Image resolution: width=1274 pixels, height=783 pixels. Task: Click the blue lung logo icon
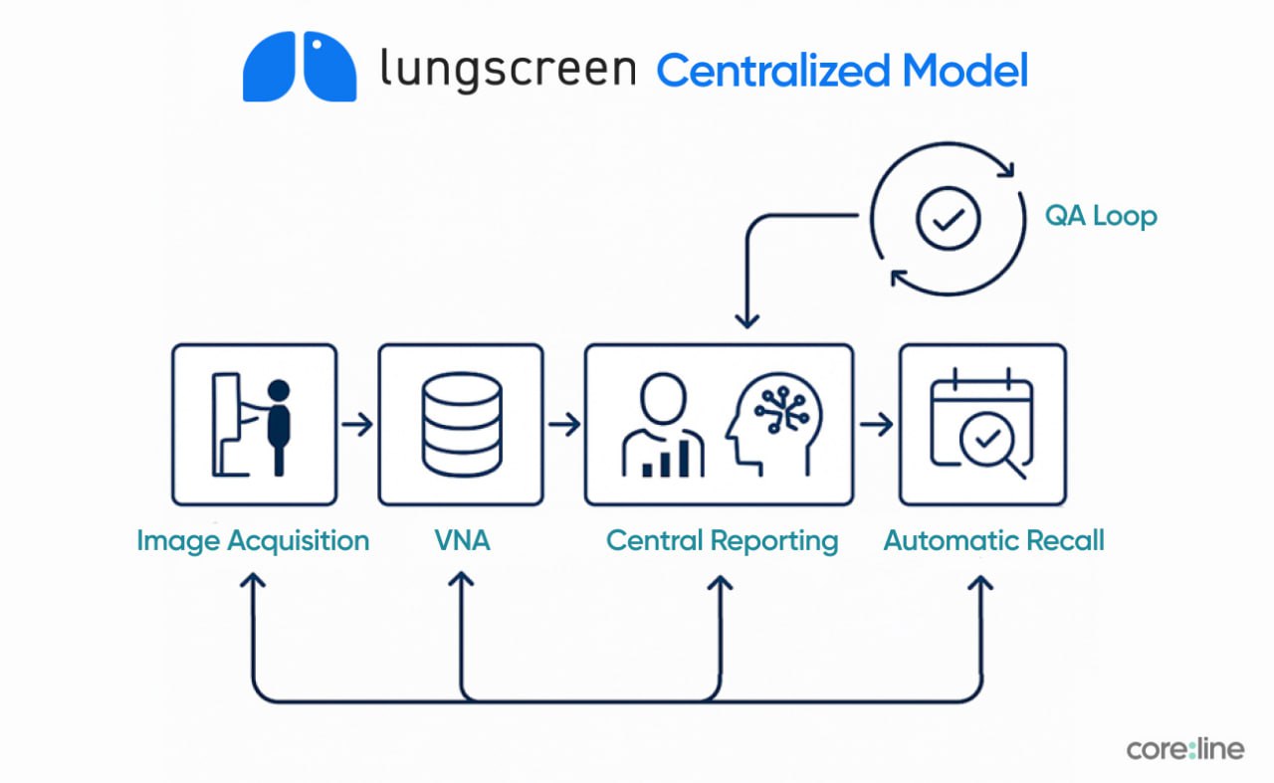tap(300, 68)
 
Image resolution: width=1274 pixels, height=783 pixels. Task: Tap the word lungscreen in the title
tap(508, 70)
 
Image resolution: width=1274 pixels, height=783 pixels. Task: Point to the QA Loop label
tap(1101, 216)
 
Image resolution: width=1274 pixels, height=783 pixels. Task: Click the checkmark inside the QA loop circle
tap(949, 218)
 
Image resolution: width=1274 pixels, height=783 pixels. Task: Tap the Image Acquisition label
tap(253, 540)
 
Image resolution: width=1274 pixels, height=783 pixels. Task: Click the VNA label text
tap(462, 540)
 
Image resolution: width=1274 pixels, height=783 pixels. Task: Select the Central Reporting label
tap(722, 540)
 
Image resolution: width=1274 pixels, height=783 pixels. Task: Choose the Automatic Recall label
tap(993, 540)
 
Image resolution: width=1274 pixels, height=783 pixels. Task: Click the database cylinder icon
tap(461, 425)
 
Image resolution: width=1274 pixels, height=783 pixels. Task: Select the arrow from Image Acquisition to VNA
tap(357, 425)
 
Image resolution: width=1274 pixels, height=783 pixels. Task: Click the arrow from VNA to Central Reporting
tap(564, 425)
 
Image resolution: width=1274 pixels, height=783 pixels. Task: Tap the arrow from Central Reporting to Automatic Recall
tap(876, 425)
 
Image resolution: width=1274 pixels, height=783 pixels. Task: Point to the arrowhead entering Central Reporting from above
tap(745, 320)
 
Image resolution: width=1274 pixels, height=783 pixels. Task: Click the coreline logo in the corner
tap(1184, 748)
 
